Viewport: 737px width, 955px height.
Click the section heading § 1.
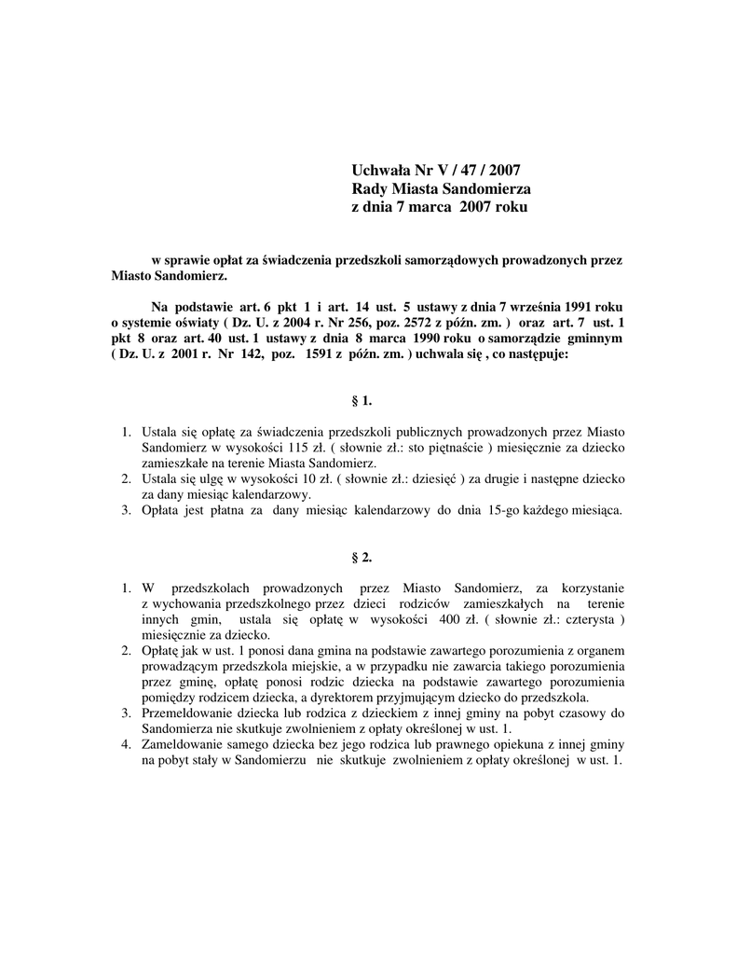click(x=362, y=400)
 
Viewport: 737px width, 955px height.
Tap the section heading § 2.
click(x=362, y=557)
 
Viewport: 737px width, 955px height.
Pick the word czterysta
click(x=580, y=619)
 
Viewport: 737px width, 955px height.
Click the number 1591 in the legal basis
click(x=309, y=355)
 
